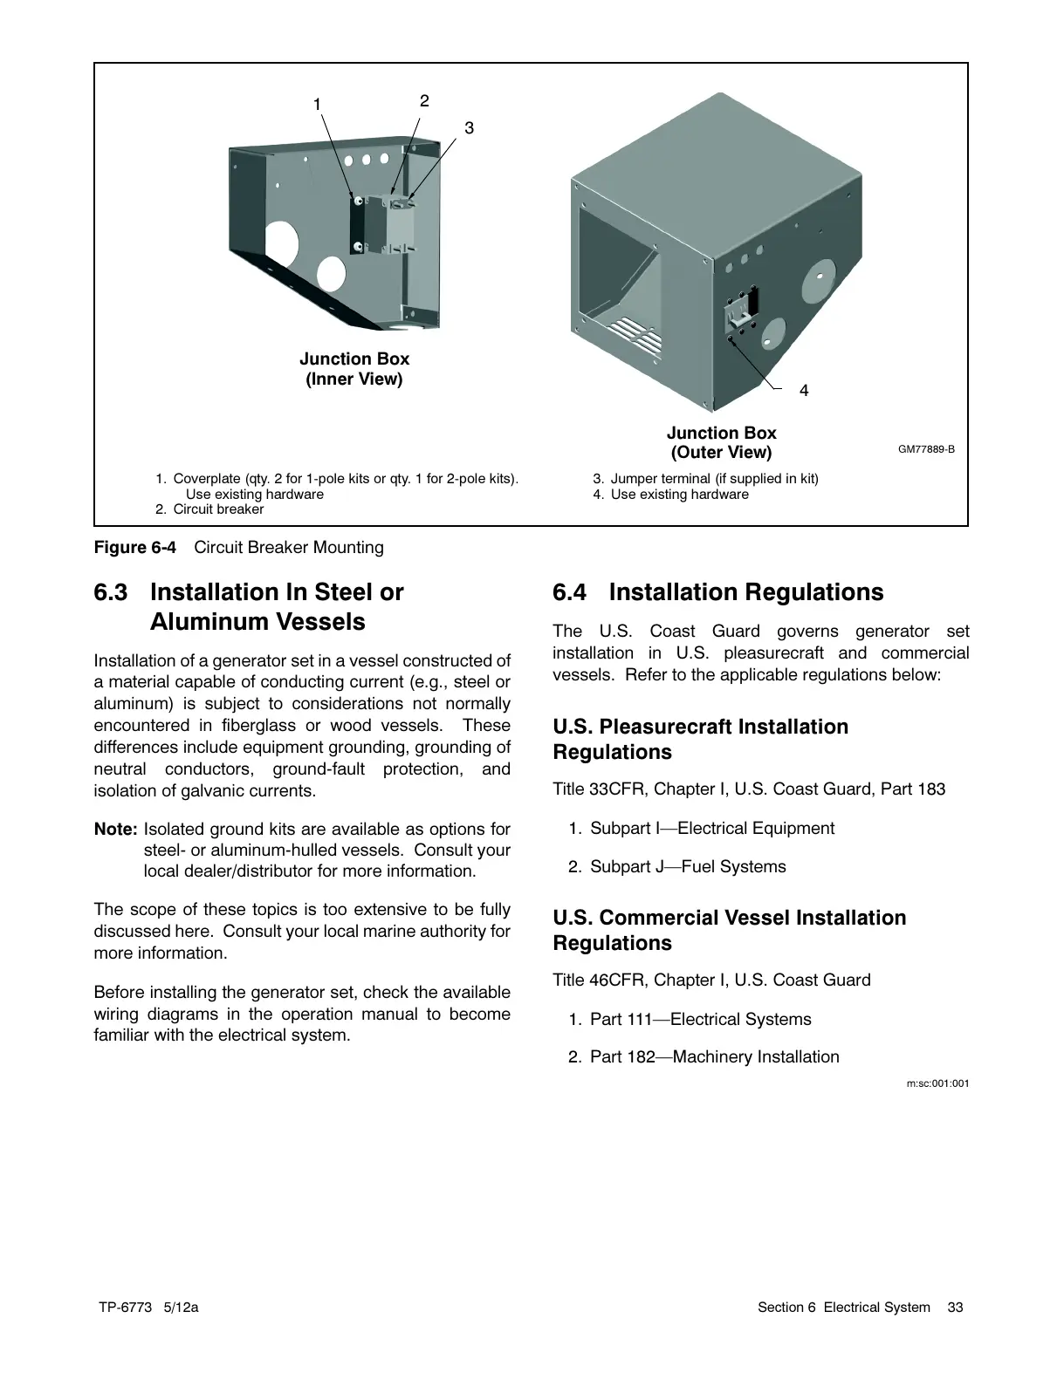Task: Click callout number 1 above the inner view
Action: [x=319, y=105]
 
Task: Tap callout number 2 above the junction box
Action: [x=424, y=101]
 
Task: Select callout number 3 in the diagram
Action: [x=469, y=128]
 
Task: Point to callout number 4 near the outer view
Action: [x=804, y=392]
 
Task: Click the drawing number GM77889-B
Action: [x=926, y=449]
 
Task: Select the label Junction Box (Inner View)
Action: [x=354, y=369]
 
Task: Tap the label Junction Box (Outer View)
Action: [x=721, y=442]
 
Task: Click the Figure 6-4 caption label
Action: [x=134, y=548]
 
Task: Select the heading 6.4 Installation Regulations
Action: [x=717, y=592]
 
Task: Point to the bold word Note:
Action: [x=115, y=829]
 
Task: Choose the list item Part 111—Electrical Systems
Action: [x=700, y=1019]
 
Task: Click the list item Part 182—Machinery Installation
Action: [x=714, y=1057]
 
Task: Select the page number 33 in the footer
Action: [x=955, y=1307]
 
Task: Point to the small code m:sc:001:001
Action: [x=937, y=1083]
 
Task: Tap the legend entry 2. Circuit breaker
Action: [x=209, y=509]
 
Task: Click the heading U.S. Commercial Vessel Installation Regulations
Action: [x=729, y=930]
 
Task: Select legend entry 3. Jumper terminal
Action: [x=705, y=479]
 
